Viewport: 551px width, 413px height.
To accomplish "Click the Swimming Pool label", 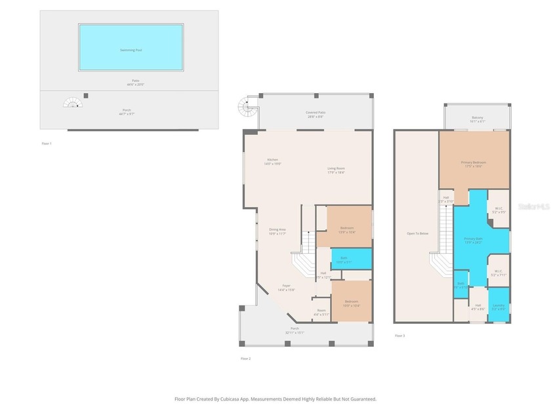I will (131, 50).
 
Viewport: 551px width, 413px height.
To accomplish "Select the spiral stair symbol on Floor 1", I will (72, 103).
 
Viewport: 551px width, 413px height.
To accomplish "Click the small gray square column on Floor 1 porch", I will (86, 96).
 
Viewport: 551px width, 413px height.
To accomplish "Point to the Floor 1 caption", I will (46, 142).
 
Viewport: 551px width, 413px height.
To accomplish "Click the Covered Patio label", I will (316, 114).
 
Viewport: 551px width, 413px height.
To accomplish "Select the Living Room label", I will (336, 170).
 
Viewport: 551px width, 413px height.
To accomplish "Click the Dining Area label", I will (277, 231).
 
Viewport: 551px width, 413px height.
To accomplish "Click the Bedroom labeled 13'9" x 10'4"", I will (346, 229).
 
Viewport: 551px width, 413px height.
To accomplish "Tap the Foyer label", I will (287, 287).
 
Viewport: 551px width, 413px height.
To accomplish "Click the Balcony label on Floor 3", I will (477, 119).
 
